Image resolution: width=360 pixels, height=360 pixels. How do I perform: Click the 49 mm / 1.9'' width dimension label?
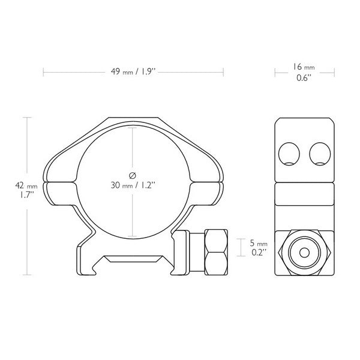134,72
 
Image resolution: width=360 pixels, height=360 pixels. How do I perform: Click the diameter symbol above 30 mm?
132,174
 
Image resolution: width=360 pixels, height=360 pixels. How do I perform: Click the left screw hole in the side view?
290,155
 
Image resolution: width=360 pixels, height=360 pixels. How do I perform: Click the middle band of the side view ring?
305,193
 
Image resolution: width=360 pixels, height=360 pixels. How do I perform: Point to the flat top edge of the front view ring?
134,119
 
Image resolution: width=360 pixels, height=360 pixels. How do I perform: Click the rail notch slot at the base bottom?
133,259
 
